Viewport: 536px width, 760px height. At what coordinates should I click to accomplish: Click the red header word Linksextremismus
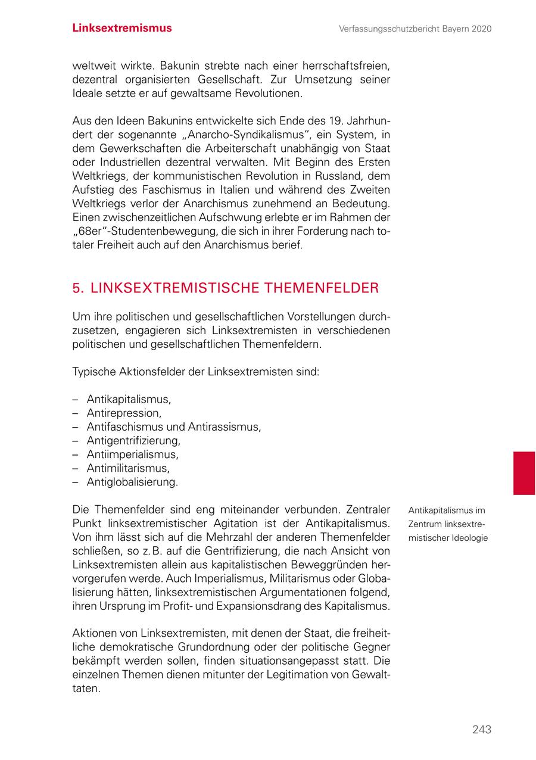pyautogui.click(x=122, y=28)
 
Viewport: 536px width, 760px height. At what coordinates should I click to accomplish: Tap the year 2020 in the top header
pyautogui.click(x=480, y=29)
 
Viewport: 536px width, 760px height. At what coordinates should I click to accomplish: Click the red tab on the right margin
pyautogui.click(x=524, y=473)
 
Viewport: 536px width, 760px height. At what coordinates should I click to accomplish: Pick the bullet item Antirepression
pyautogui.click(x=124, y=413)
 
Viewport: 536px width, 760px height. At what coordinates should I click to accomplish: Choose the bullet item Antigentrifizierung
pyautogui.click(x=133, y=441)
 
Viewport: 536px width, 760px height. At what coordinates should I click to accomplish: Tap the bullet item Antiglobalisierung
pyautogui.click(x=132, y=482)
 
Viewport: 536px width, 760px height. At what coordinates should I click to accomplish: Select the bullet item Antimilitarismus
pyautogui.click(x=128, y=468)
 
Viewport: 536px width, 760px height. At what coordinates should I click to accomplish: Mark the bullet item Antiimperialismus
pyautogui.click(x=132, y=454)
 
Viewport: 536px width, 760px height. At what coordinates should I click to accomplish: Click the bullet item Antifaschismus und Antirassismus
pyautogui.click(x=173, y=427)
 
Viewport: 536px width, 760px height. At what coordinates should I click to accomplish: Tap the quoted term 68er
pyautogui.click(x=91, y=231)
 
